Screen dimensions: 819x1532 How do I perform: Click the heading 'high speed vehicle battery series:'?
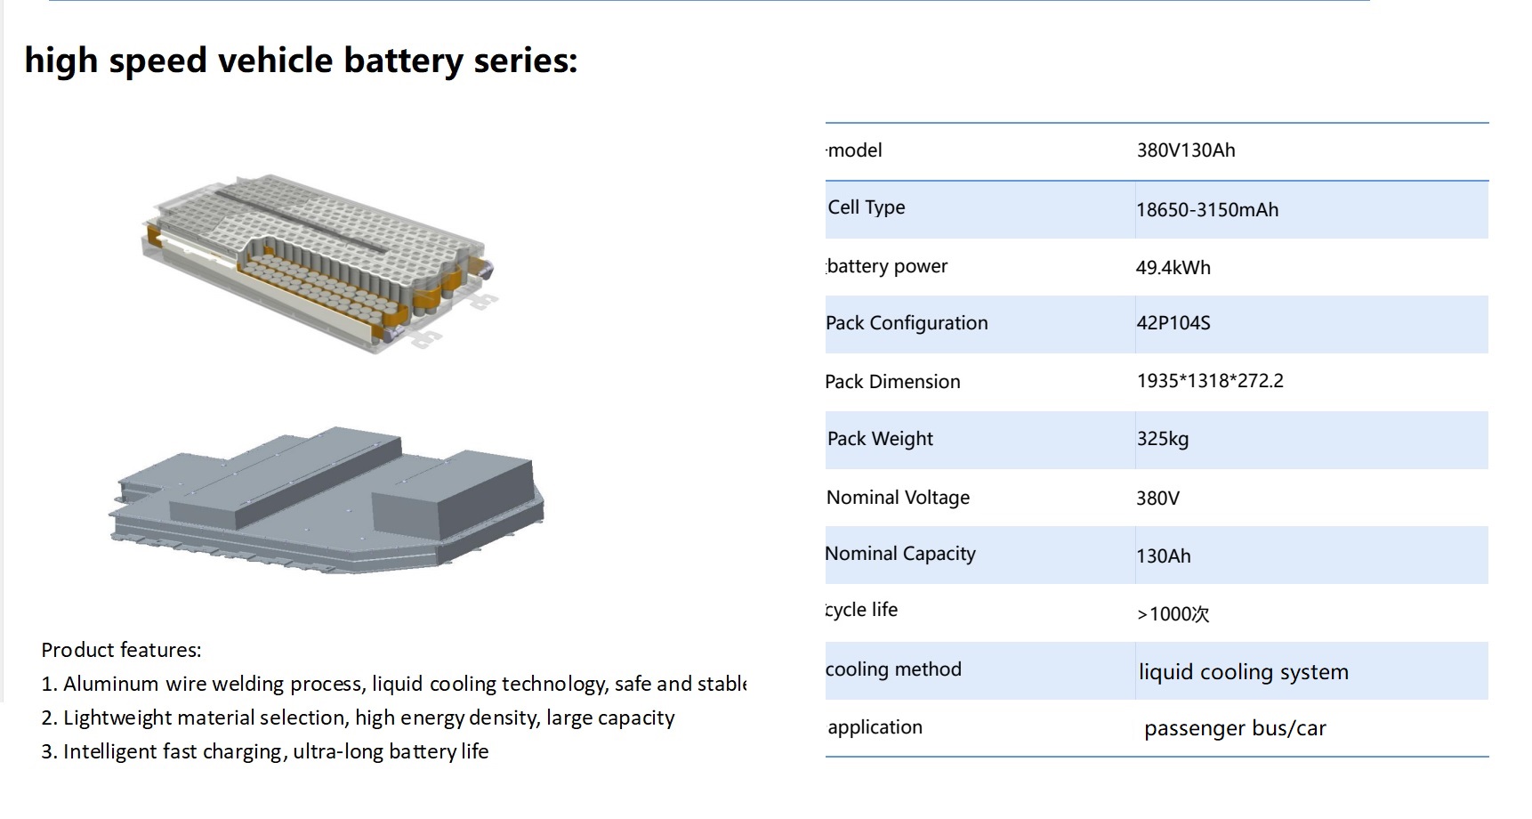[x=301, y=61]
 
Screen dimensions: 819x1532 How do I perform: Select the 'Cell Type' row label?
[x=866, y=207]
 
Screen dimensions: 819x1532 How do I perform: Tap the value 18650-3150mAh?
[x=1206, y=210]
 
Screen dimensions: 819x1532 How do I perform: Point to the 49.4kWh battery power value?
[x=1173, y=268]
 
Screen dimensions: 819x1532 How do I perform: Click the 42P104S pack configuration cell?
[x=1173, y=323]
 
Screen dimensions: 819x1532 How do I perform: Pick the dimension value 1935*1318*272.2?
[x=1209, y=381]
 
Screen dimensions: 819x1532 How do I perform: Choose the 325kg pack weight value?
[x=1162, y=439]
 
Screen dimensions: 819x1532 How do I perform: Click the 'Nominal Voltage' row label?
[x=898, y=498]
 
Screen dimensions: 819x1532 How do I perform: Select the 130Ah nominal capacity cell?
[x=1163, y=556]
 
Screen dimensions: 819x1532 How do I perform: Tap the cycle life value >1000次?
[x=1173, y=614]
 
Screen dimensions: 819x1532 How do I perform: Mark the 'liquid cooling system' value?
[x=1243, y=672]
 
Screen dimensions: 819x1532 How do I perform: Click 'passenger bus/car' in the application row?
[x=1235, y=728]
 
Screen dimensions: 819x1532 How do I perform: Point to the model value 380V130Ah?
[x=1185, y=150]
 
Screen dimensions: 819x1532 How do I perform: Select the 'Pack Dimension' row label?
[x=892, y=382]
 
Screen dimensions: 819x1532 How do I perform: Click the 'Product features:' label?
[x=121, y=650]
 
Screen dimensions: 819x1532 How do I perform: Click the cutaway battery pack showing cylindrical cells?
[x=316, y=263]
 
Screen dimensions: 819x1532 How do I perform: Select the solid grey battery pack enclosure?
[x=326, y=499]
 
